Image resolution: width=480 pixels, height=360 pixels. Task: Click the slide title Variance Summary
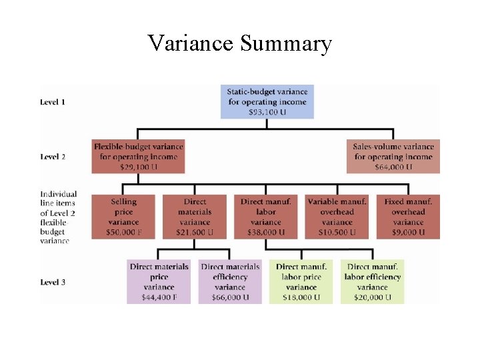click(239, 43)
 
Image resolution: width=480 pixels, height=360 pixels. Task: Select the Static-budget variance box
click(267, 101)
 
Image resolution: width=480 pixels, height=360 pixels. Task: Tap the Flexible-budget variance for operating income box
click(138, 156)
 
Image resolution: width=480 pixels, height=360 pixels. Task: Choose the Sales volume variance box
click(393, 156)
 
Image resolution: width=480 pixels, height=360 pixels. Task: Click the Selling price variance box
click(123, 216)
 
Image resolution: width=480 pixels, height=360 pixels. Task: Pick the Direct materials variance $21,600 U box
click(195, 216)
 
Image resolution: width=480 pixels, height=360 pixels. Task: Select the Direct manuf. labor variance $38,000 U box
click(266, 216)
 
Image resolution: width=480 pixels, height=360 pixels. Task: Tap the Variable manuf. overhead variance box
click(337, 216)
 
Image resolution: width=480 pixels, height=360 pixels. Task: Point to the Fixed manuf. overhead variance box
click(408, 216)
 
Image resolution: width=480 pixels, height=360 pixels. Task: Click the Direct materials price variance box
click(159, 281)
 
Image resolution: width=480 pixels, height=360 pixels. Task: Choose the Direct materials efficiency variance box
click(230, 281)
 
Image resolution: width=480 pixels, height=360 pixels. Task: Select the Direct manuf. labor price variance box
click(301, 281)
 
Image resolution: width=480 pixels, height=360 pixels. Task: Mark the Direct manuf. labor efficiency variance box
click(372, 281)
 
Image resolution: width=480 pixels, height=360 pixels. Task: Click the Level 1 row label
click(53, 102)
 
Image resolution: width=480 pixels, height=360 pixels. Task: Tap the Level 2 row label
click(53, 157)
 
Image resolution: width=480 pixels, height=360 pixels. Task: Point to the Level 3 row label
click(53, 282)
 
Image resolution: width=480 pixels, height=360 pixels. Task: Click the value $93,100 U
click(267, 113)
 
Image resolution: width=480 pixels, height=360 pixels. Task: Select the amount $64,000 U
click(393, 167)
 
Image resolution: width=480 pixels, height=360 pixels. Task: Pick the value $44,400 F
click(159, 297)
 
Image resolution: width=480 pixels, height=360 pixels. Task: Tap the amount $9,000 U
click(408, 232)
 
